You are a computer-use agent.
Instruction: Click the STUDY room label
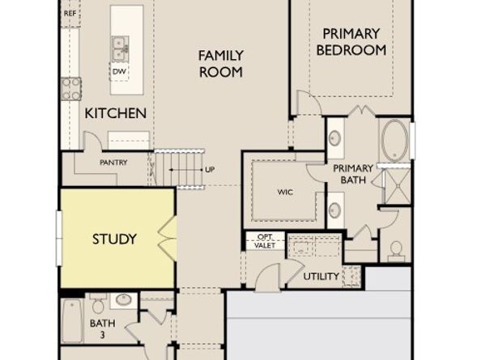coord(114,239)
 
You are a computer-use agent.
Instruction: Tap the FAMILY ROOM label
coord(221,63)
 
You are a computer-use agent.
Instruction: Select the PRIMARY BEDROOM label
coord(351,41)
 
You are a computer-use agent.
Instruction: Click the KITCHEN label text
coord(116,113)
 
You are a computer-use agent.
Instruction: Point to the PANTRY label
coord(113,163)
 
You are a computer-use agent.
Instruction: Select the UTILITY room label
coord(321,277)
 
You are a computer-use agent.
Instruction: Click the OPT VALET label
coord(265,240)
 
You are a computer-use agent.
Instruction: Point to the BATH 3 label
coord(97,329)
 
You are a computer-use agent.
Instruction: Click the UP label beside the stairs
coord(210,170)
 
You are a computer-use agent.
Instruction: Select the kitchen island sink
coord(119,48)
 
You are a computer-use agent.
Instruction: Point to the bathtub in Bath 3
coord(72,321)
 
